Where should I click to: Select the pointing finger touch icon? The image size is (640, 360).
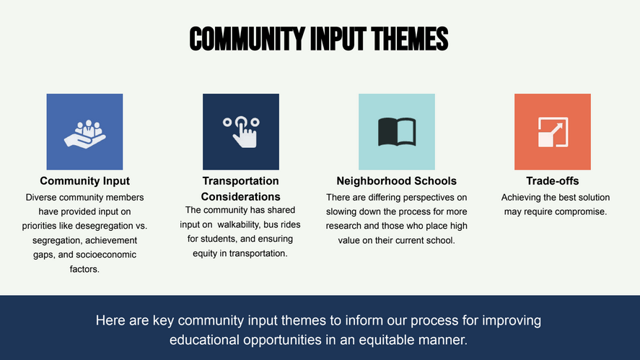(241, 132)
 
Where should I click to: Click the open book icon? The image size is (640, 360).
(397, 132)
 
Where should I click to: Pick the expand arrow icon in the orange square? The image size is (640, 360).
(553, 132)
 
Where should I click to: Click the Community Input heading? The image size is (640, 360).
(85, 181)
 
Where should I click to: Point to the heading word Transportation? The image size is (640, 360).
(241, 181)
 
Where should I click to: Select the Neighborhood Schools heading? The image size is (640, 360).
(396, 181)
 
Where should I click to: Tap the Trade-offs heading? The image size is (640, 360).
(552, 181)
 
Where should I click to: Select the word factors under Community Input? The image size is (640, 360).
(84, 269)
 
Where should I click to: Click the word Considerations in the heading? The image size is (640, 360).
(241, 197)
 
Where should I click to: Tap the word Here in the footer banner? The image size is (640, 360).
(110, 320)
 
